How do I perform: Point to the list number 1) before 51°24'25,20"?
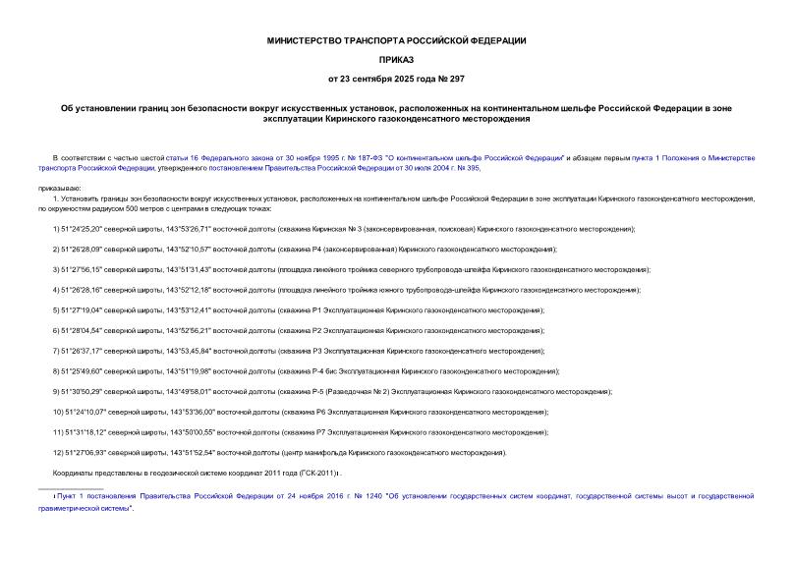click(x=57, y=228)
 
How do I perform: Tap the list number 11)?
click(x=58, y=432)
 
